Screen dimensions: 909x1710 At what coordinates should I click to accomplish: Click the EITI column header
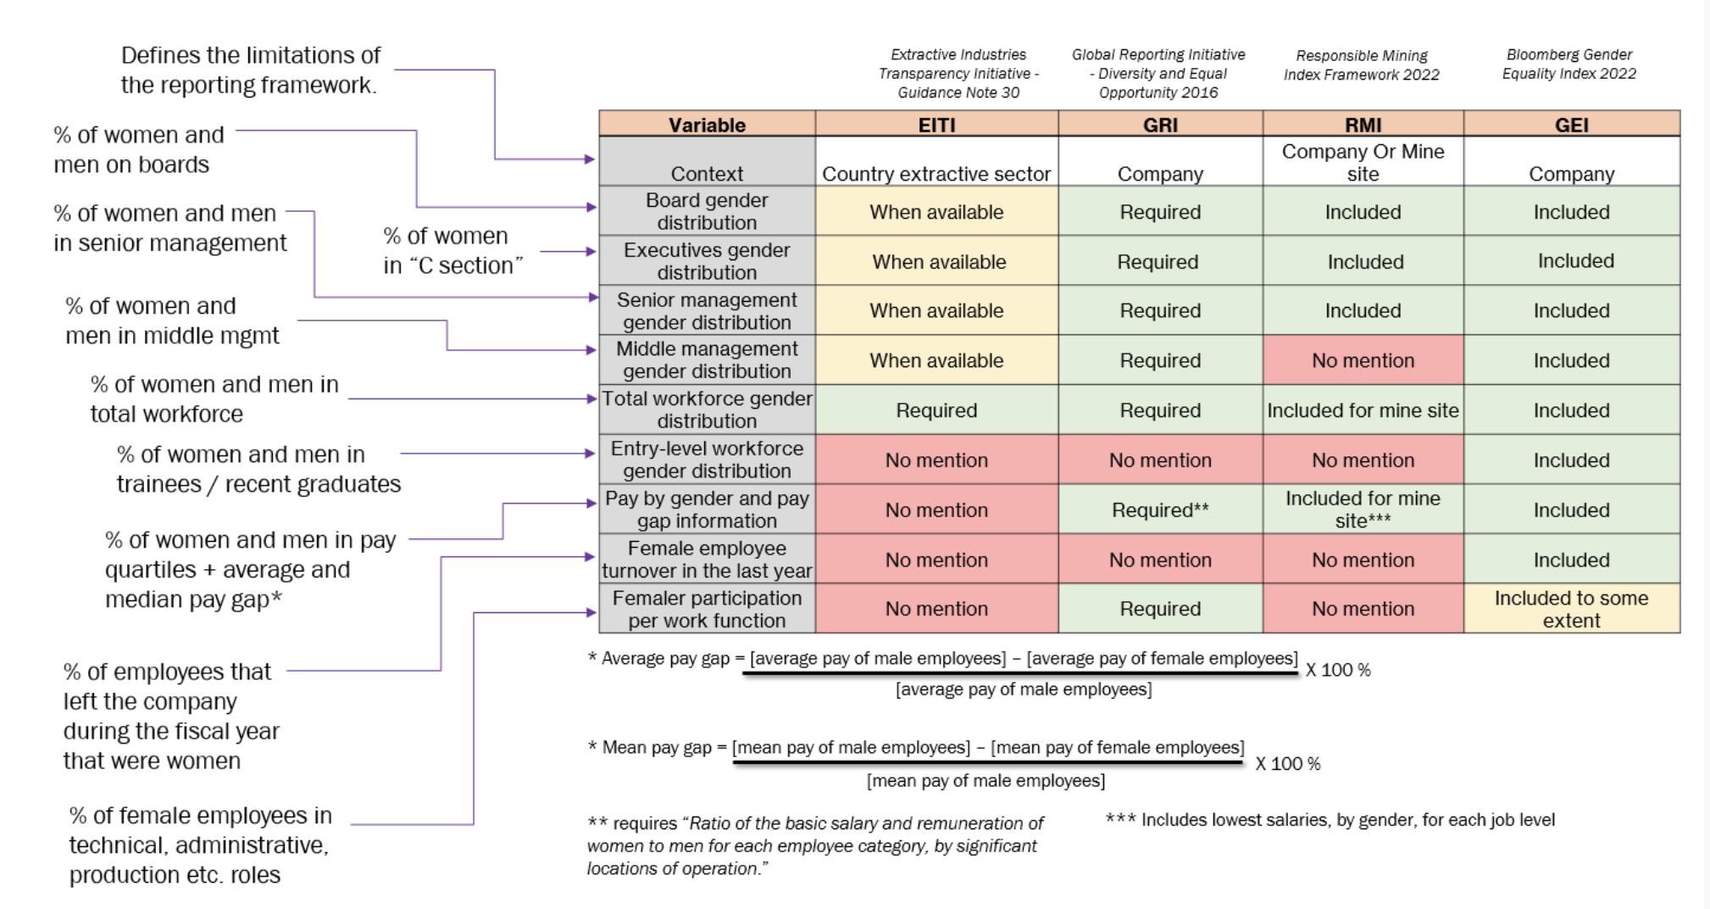(x=936, y=125)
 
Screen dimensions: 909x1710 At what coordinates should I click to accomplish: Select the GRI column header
(x=1160, y=125)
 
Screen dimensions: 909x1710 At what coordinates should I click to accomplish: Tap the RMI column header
(x=1363, y=125)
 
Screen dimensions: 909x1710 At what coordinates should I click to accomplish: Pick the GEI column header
(x=1571, y=125)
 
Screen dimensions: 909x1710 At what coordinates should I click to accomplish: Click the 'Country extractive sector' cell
(x=936, y=174)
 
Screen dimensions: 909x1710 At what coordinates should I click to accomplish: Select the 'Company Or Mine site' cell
(x=1363, y=162)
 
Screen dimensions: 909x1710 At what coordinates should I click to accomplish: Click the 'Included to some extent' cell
(x=1571, y=609)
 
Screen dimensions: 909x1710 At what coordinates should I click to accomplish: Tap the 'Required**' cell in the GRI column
(x=1160, y=510)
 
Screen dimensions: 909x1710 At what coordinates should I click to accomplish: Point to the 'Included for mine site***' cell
(x=1363, y=510)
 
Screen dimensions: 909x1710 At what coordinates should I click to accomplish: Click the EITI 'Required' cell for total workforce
(x=936, y=410)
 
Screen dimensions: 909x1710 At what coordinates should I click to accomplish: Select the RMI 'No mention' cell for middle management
(x=1363, y=360)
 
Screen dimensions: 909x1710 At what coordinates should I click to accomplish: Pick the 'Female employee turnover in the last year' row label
(x=707, y=559)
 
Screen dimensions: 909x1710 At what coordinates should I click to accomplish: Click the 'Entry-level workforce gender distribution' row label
(x=707, y=460)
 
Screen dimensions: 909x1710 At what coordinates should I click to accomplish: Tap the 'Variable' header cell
(x=707, y=125)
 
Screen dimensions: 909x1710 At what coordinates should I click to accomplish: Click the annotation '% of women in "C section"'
(x=452, y=250)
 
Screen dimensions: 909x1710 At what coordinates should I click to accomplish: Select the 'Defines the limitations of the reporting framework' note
(x=250, y=70)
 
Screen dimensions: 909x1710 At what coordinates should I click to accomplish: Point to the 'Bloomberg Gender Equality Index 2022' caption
(x=1568, y=64)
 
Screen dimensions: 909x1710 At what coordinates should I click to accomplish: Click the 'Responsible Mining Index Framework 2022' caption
(x=1361, y=64)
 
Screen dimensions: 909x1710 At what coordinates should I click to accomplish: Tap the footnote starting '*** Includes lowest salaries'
(x=1330, y=820)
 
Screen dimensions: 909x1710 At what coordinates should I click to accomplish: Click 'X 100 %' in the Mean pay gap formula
(x=1287, y=763)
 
